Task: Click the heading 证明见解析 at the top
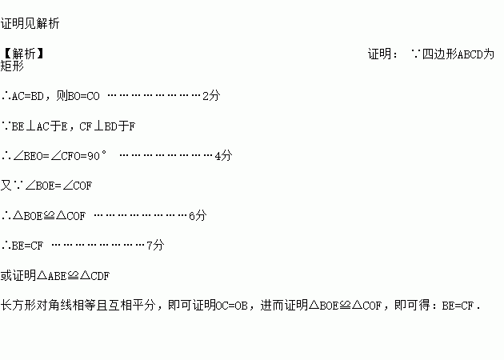tap(30, 24)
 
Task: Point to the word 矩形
tap(13, 68)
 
